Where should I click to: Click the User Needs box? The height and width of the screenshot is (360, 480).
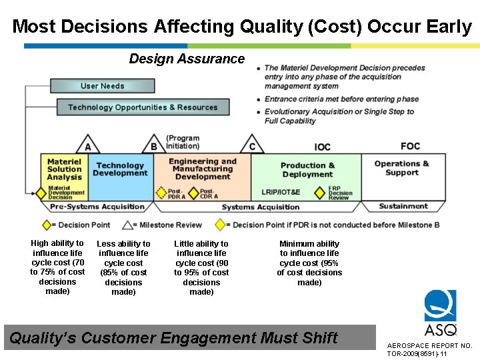click(102, 86)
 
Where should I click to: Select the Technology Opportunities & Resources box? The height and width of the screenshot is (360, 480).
click(143, 107)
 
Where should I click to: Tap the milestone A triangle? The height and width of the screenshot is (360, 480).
click(88, 145)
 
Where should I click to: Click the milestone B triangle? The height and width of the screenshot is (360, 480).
click(154, 145)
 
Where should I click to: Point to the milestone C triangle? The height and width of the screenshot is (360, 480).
click(252, 145)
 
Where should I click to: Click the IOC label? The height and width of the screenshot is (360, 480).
click(323, 147)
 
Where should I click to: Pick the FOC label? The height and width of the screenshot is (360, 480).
click(410, 146)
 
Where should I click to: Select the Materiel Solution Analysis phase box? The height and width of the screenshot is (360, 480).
click(64, 169)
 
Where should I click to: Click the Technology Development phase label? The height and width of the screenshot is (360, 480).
click(120, 169)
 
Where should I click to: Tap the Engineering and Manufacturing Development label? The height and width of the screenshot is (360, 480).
click(203, 169)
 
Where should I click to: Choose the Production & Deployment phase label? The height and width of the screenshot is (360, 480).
click(307, 170)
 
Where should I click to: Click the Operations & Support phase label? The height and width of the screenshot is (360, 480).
click(401, 168)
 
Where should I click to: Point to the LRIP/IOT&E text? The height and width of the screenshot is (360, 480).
click(281, 193)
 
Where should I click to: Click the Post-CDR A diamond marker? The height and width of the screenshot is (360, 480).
click(193, 193)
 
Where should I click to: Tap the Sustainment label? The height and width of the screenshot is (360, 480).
click(403, 207)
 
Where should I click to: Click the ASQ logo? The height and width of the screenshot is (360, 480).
click(441, 313)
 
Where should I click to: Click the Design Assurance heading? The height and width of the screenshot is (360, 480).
click(187, 59)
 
